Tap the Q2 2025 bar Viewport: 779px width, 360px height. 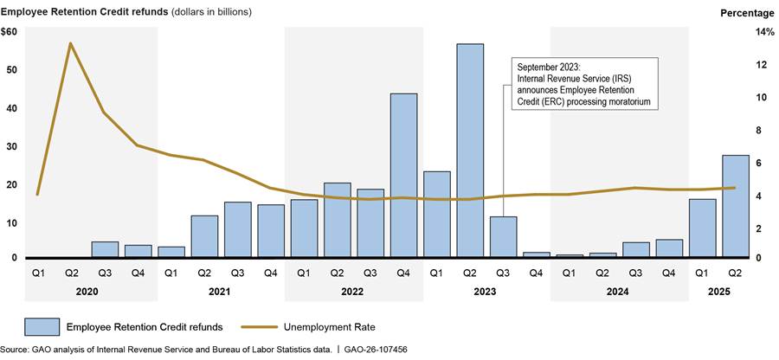coord(736,206)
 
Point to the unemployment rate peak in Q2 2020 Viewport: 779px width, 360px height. coord(71,43)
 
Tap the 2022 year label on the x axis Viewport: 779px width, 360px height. coord(353,292)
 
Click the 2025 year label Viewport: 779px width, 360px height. coord(718,292)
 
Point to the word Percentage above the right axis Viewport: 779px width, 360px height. coord(746,12)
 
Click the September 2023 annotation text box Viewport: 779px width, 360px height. coord(583,84)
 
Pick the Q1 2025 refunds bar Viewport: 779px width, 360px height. coord(702,228)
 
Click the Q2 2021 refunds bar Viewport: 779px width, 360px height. coord(204,235)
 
